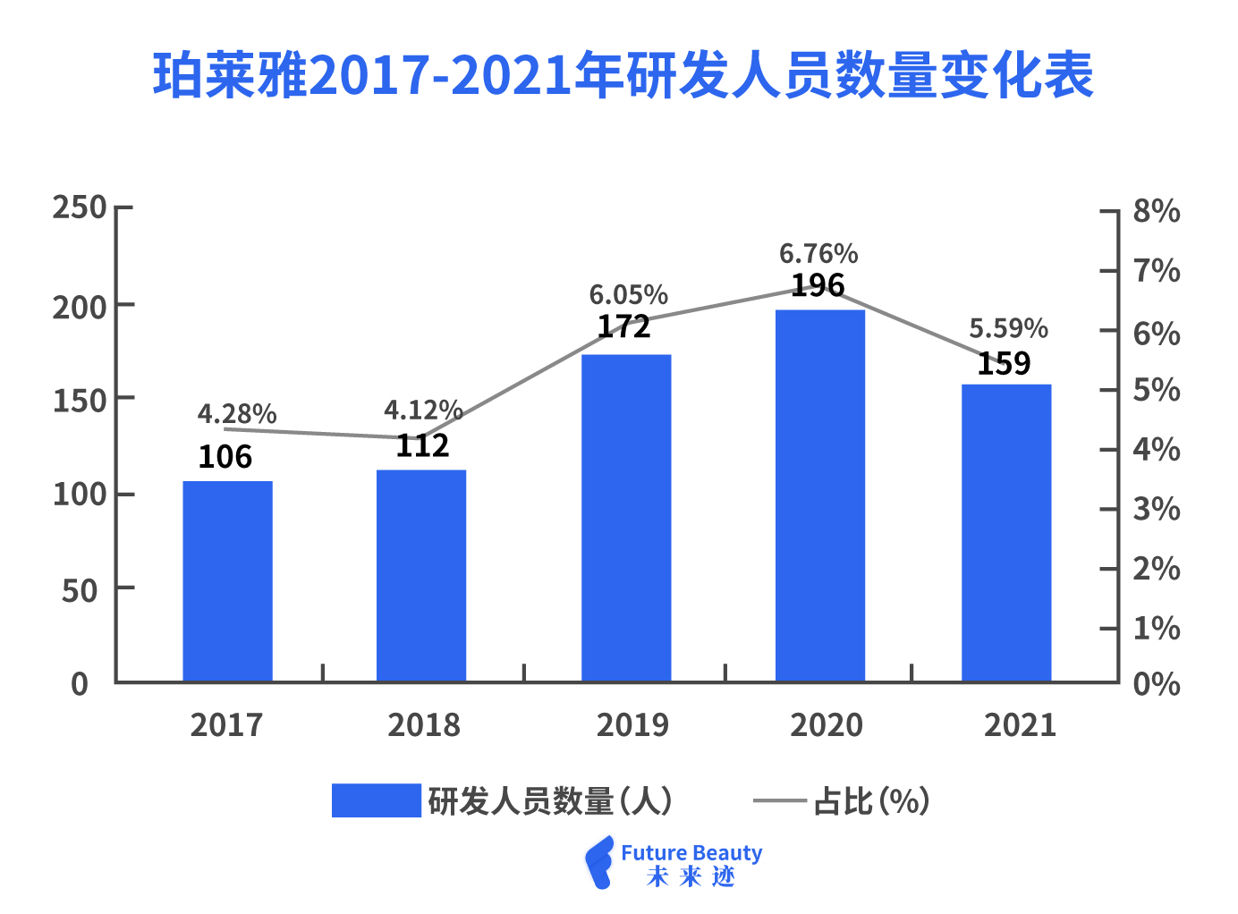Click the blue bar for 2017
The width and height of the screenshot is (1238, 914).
click(227, 581)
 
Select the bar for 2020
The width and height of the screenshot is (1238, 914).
click(819, 496)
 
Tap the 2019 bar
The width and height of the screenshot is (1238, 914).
click(626, 519)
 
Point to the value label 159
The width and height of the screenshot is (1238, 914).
click(1004, 364)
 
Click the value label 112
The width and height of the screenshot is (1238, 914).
click(422, 445)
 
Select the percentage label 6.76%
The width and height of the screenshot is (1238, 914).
click(818, 254)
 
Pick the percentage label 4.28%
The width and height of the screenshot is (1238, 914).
click(237, 414)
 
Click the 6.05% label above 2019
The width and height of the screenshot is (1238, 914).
click(628, 295)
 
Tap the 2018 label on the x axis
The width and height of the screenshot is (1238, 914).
click(423, 725)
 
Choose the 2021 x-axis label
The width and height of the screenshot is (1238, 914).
click(1020, 725)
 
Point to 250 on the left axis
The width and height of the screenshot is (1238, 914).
click(80, 207)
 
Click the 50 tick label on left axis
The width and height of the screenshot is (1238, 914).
click(80, 590)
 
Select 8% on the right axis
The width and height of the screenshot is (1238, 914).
click(1157, 212)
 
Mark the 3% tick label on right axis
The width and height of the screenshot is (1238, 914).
click(1157, 510)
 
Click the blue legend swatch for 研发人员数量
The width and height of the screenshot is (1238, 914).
click(376, 800)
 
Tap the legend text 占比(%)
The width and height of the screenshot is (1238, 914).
click(871, 801)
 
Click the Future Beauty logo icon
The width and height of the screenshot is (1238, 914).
click(599, 863)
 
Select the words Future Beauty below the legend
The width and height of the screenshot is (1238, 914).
click(691, 853)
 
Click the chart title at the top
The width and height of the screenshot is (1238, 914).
click(623, 75)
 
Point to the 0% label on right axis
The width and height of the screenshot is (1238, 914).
click(1157, 685)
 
